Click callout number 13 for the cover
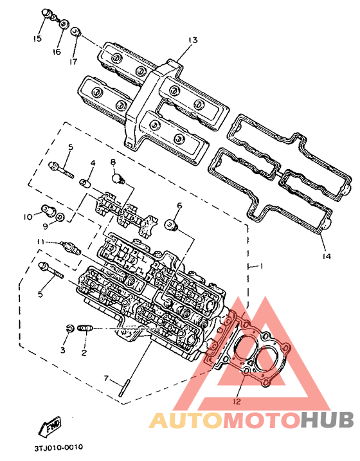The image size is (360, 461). pos(193,40)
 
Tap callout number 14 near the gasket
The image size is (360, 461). pos(326,257)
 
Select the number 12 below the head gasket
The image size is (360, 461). pos(237,401)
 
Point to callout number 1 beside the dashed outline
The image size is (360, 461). pos(261,266)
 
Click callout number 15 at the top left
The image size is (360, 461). pos(37,39)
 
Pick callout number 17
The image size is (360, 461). pos(73,62)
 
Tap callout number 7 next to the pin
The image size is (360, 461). pos(106,379)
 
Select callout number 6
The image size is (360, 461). pos(179,205)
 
